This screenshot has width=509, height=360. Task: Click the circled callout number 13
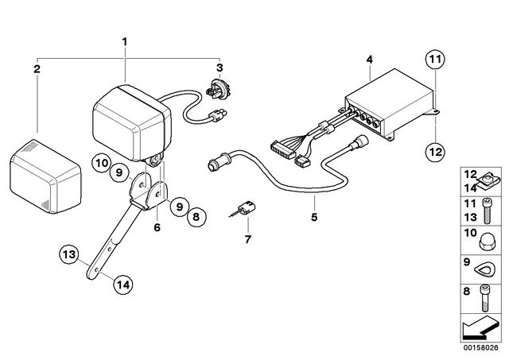(x=69, y=254)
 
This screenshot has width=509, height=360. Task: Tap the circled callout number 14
(x=123, y=285)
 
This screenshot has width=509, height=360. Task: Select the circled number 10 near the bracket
(x=102, y=163)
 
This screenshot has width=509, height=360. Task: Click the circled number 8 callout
(x=196, y=216)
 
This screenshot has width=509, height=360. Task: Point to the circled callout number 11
(x=435, y=60)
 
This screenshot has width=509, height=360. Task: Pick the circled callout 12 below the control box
(x=435, y=152)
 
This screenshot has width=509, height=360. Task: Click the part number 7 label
(x=248, y=240)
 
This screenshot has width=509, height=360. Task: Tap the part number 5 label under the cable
(x=314, y=217)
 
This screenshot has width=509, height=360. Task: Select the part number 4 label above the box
(x=369, y=60)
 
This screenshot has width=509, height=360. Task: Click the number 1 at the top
(x=125, y=42)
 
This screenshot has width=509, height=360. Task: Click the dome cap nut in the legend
(x=486, y=242)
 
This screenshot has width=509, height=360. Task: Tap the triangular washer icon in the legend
(x=484, y=269)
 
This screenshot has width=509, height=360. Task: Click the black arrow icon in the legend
(x=479, y=327)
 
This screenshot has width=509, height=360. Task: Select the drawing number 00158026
(x=480, y=347)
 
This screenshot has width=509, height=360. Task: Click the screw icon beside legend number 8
(x=484, y=298)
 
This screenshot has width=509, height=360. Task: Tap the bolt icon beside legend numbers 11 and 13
(x=486, y=211)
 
